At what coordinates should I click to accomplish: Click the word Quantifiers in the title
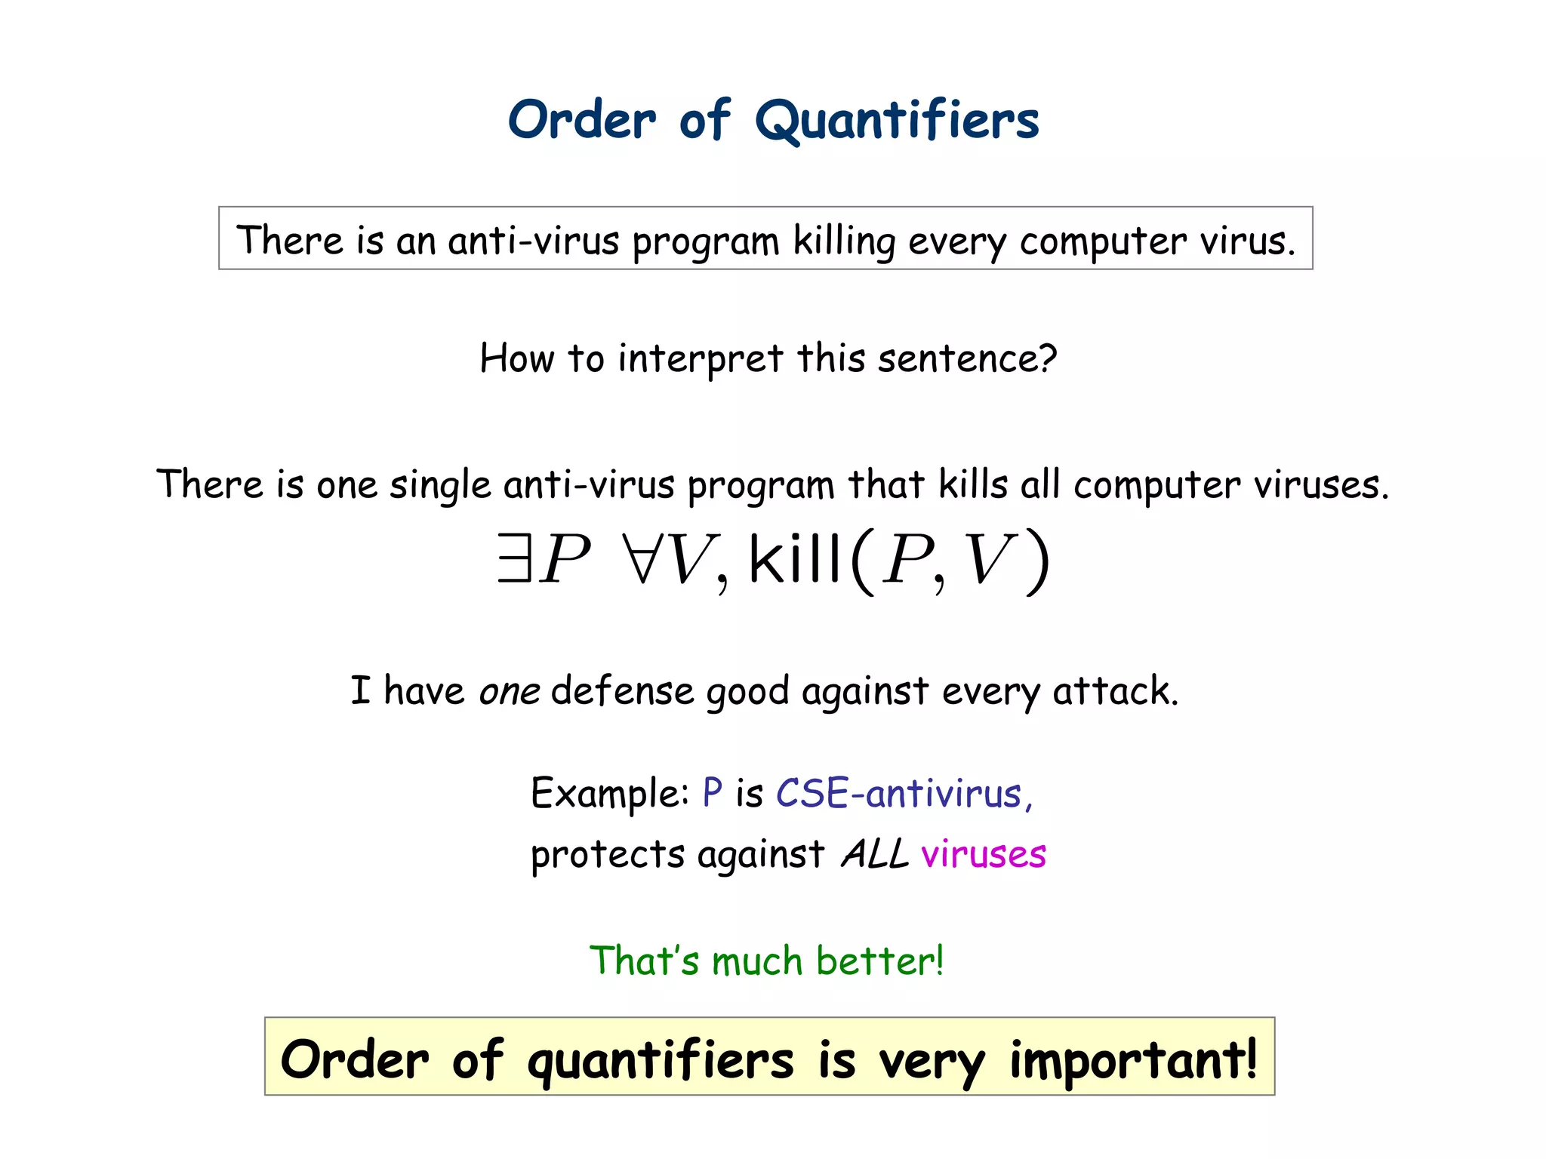pos(897,121)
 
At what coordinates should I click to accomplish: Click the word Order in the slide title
pos(582,121)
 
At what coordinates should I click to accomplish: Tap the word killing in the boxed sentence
pos(843,241)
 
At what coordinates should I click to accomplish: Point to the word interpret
pos(700,359)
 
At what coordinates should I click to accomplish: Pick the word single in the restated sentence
pos(439,485)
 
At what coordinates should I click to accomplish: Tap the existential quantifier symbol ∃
pos(514,558)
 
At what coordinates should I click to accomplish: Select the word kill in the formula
pos(794,558)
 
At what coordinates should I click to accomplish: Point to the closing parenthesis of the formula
pos(1039,562)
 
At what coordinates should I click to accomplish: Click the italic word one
pos(509,691)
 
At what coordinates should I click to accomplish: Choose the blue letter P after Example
pos(712,793)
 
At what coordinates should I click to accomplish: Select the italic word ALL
pos(875,855)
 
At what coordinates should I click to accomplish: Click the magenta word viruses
pos(983,855)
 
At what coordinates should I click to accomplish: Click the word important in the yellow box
pos(1132,1059)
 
